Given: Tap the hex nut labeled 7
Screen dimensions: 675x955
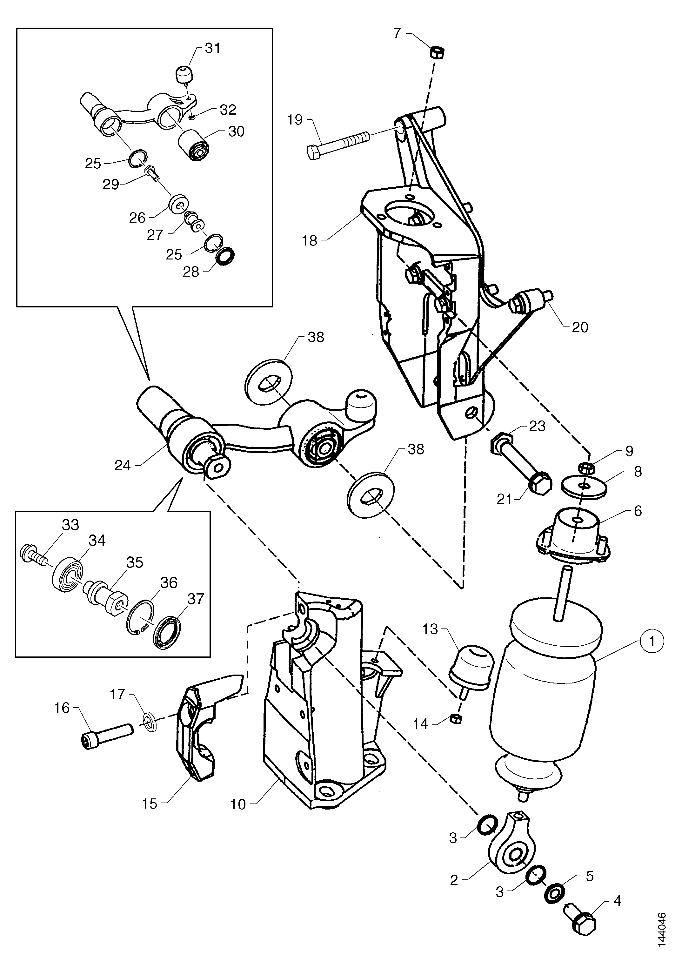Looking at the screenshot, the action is coord(437,53).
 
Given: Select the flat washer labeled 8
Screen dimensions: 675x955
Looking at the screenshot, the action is coord(584,486).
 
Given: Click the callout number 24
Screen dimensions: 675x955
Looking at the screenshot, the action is coord(123,466).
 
